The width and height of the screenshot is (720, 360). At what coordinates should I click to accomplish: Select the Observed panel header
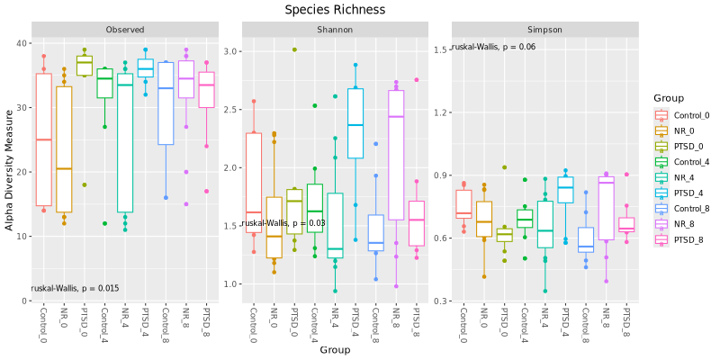pos(124,30)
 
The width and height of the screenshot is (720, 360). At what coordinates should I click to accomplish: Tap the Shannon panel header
pos(334,30)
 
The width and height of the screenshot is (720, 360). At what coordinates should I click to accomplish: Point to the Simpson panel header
pos(544,30)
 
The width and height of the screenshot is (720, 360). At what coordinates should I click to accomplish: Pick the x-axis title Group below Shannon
pos(335,349)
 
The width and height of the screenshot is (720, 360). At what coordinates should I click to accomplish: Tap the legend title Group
pos(670,98)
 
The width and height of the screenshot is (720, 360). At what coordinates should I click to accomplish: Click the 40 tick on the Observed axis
pos(20,43)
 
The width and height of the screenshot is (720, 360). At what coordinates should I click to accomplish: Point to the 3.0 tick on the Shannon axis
pos(230,51)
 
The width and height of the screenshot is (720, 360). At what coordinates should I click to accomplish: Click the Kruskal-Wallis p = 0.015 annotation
pos(75,288)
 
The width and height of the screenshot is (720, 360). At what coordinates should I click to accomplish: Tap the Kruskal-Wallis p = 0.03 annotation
pos(283,222)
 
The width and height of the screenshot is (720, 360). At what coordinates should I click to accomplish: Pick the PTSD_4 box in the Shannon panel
pos(355,123)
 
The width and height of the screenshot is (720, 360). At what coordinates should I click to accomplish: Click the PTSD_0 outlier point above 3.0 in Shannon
pos(293,49)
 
